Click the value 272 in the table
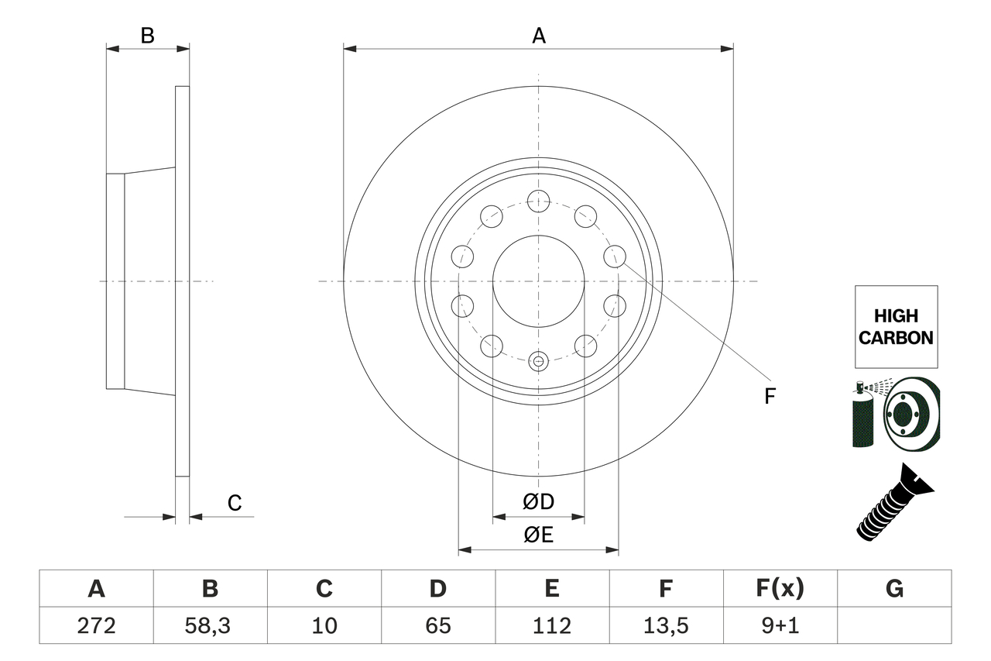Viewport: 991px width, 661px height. [96, 625]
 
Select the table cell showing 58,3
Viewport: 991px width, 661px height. [210, 625]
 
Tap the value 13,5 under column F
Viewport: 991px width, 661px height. [665, 625]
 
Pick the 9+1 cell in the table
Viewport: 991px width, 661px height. [780, 625]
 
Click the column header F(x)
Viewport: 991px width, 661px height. [780, 589]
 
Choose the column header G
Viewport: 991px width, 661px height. [894, 589]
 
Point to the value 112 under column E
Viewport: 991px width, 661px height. [551, 625]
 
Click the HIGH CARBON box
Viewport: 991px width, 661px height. [896, 326]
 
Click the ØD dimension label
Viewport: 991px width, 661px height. [539, 501]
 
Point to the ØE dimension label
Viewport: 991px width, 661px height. [539, 535]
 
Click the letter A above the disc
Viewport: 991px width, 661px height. [539, 36]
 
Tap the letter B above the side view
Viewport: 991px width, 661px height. [147, 36]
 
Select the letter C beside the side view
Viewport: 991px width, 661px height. [235, 503]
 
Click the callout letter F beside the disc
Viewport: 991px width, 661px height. [769, 397]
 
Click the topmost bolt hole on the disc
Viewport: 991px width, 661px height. [538, 201]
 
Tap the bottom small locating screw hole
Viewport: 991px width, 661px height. [539, 360]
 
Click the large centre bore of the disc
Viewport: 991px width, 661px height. [538, 281]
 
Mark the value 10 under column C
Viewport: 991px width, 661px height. [324, 625]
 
